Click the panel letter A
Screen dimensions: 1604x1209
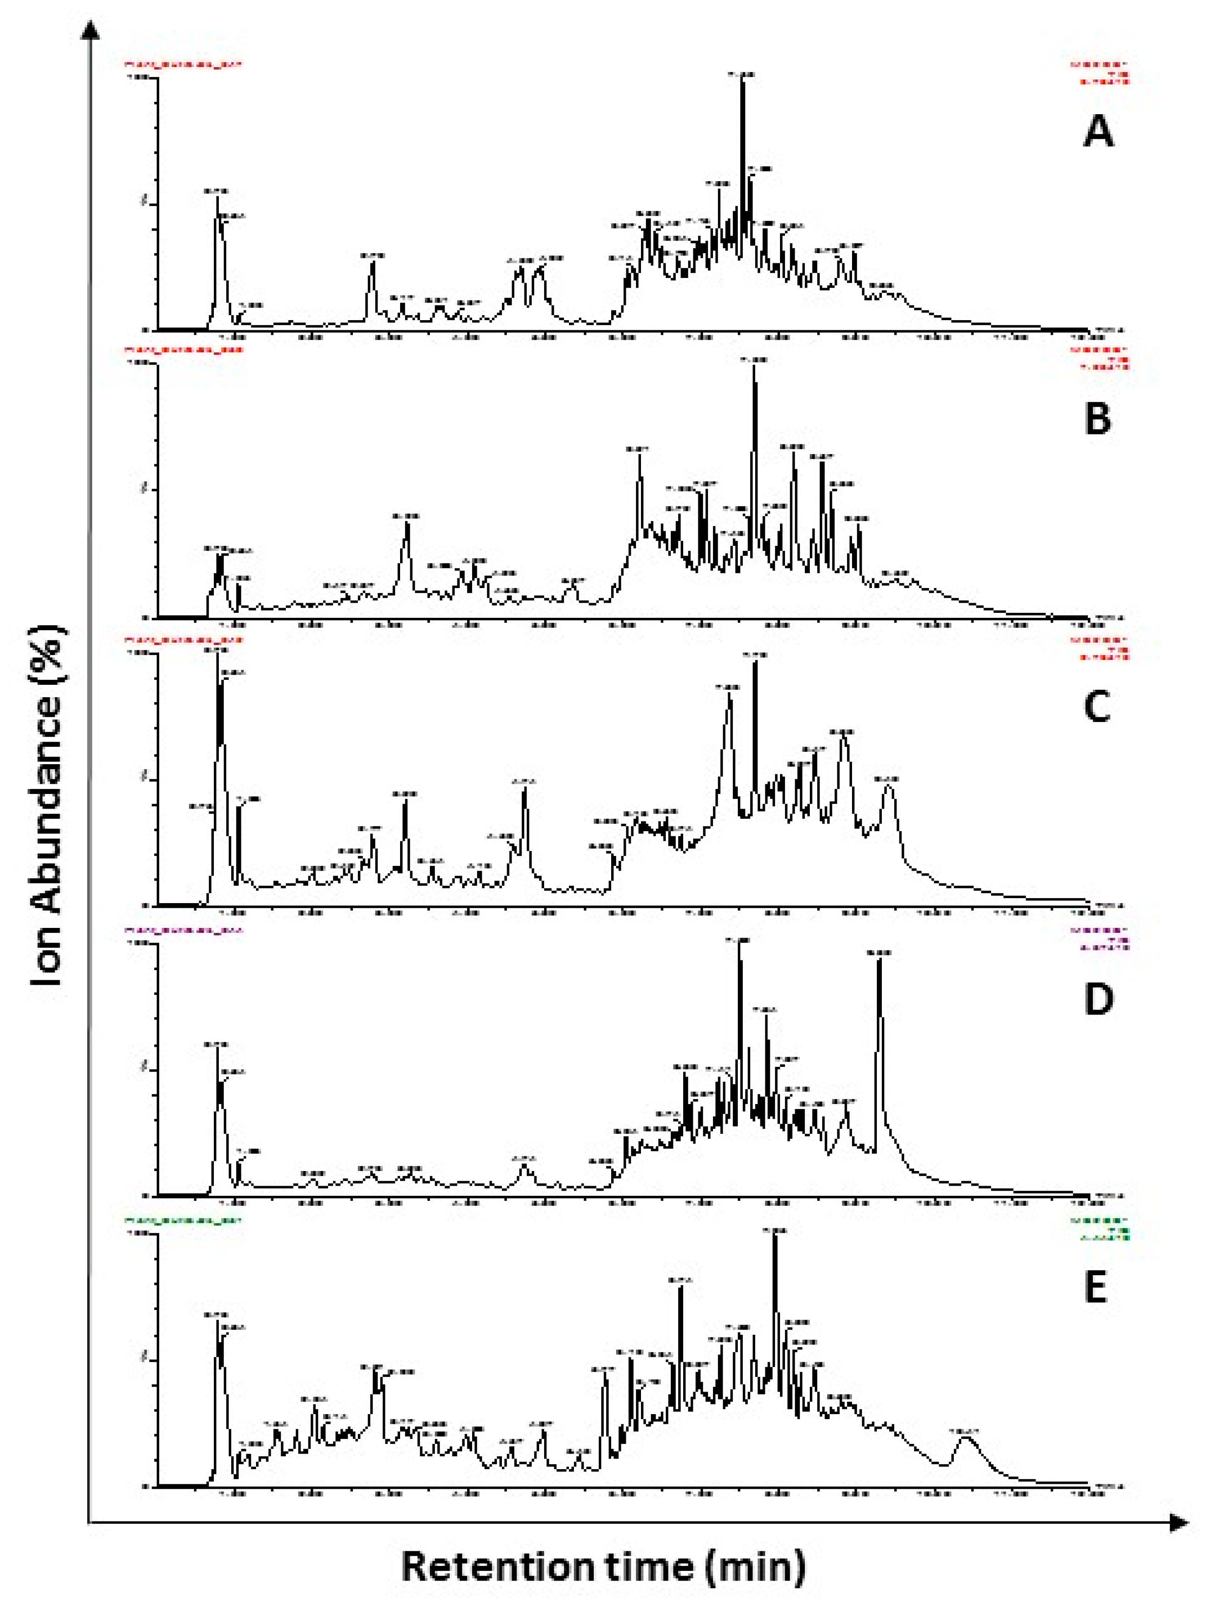click(x=1098, y=133)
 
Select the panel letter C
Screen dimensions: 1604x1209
click(x=1097, y=706)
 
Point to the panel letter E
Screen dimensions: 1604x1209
click(x=1095, y=1288)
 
